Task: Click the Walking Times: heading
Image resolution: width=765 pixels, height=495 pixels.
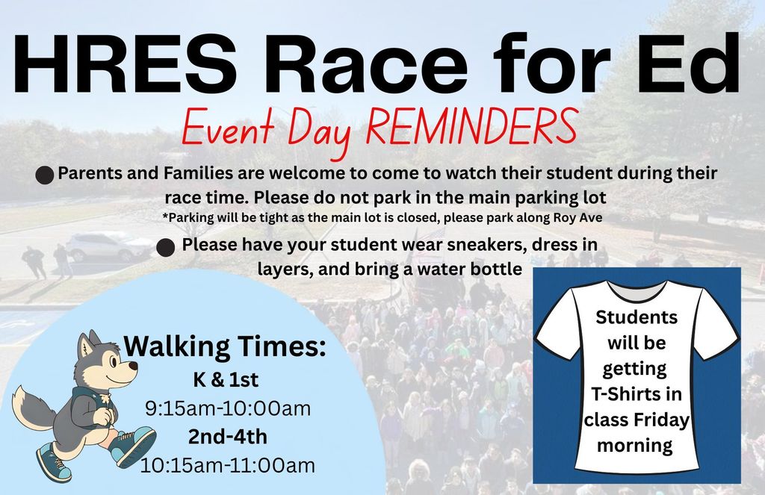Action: (x=225, y=346)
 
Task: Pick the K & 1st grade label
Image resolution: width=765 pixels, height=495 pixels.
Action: (x=226, y=379)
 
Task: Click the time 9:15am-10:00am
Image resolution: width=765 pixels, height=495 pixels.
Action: (x=227, y=409)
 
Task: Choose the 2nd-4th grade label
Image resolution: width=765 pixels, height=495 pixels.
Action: (x=226, y=437)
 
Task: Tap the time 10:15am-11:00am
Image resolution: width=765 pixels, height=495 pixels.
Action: (x=227, y=465)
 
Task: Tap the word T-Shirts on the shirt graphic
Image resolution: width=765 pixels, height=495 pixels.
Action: (x=637, y=394)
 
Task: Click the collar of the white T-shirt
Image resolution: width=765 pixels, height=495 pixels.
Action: (x=637, y=289)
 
